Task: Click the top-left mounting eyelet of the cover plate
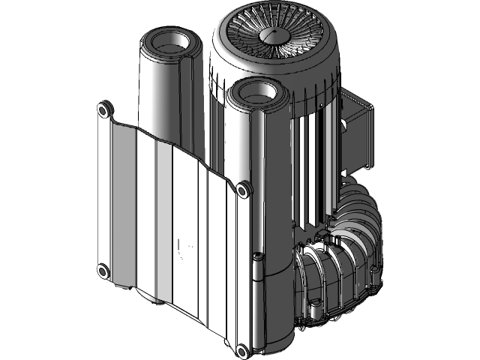click(103, 110)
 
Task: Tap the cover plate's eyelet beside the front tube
click(244, 189)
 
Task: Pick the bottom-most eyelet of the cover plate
click(241, 350)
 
